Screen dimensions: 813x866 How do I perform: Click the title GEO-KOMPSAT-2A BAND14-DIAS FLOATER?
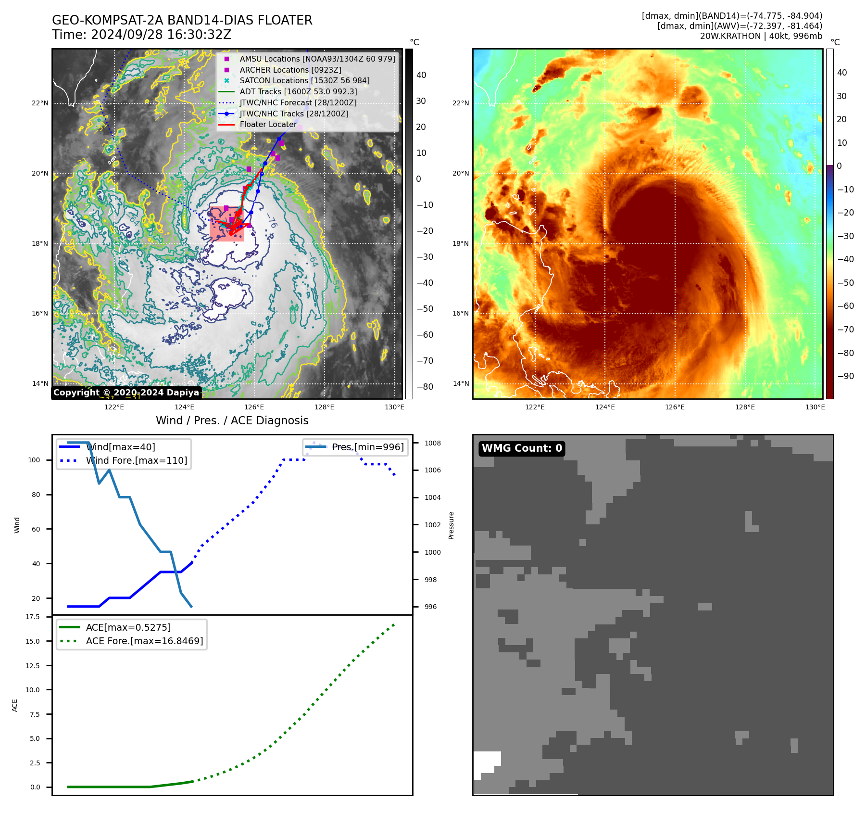[182, 20]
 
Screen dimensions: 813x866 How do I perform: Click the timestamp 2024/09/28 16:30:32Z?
[161, 35]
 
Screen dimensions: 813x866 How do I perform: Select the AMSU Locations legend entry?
[317, 59]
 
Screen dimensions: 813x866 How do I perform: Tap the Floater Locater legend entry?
[268, 124]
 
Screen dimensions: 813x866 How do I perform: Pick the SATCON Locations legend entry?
[304, 80]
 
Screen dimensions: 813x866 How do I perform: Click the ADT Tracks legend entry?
[298, 91]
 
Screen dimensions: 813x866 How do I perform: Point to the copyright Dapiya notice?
[126, 393]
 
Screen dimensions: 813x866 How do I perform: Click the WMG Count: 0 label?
[522, 448]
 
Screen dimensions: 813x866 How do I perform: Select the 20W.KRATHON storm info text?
[761, 36]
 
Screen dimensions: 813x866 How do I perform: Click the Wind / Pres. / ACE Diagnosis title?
[232, 420]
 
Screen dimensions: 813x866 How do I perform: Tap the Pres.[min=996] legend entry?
[367, 447]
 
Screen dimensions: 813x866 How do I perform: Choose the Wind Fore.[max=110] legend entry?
[136, 460]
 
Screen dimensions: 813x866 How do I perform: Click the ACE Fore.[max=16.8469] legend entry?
[144, 641]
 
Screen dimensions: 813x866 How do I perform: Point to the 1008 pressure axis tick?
[432, 443]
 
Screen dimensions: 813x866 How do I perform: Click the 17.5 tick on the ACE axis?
[33, 617]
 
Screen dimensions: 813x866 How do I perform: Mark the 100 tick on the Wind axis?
[34, 460]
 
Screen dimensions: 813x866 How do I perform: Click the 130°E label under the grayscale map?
[394, 407]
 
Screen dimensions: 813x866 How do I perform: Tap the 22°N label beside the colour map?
[461, 103]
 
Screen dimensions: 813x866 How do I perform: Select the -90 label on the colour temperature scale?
[845, 376]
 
